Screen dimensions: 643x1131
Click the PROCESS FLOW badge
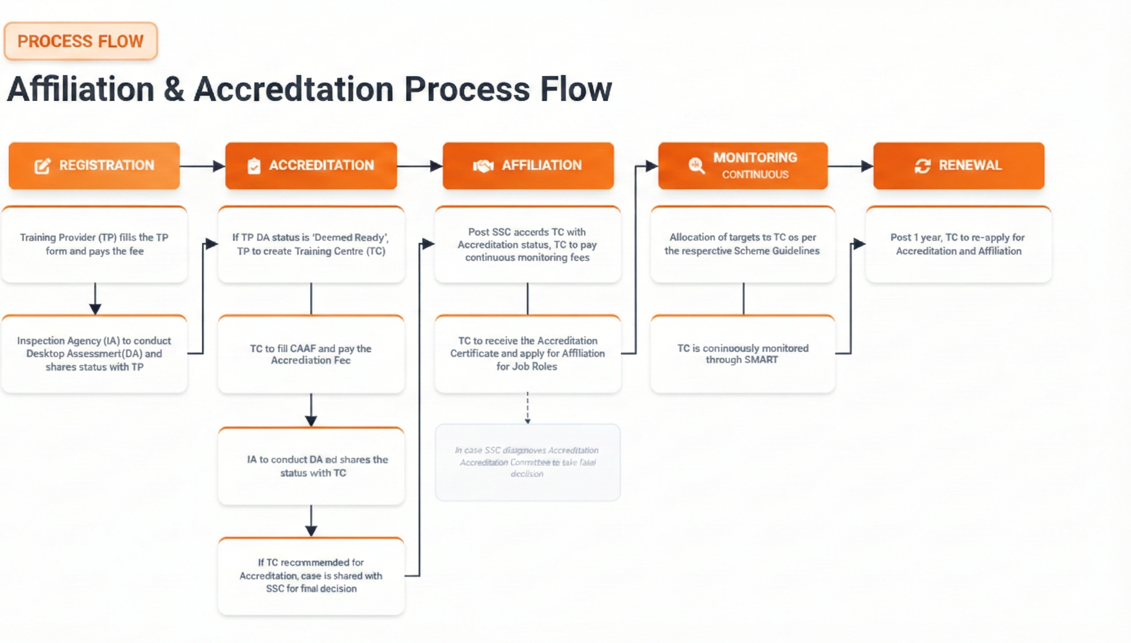pos(80,41)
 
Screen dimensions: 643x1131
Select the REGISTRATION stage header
pos(94,166)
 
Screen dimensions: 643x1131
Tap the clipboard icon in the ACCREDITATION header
pos(254,166)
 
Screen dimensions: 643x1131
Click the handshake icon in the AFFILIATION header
pos(483,166)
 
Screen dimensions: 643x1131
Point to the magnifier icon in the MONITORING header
pos(696,166)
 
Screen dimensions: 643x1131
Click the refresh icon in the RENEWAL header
pos(923,166)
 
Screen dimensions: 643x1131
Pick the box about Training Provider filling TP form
pos(94,244)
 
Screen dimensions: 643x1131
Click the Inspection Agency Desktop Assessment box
pos(94,354)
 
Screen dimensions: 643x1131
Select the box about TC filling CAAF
pos(311,354)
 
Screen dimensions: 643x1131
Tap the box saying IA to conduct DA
pos(311,467)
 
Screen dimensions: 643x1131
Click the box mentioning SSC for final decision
pos(311,576)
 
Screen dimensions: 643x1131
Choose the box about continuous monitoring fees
pos(527,245)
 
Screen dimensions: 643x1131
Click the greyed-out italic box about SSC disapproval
pos(527,462)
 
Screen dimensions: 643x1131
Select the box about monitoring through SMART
pos(743,354)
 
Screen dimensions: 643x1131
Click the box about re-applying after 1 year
pos(958,244)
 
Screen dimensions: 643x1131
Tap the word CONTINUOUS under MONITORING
pos(755,174)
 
